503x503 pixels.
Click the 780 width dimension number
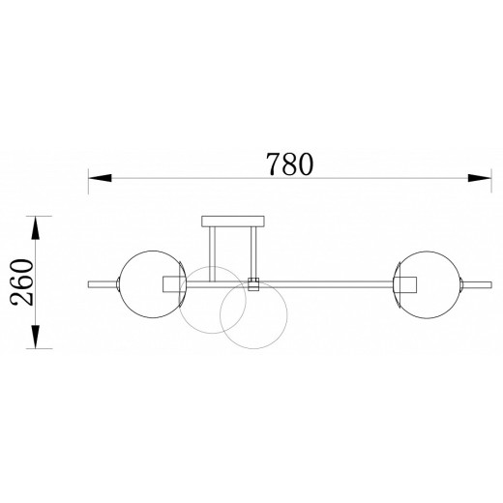tap(289, 164)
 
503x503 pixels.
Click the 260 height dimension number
tap(22, 282)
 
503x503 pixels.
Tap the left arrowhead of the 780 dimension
tap(100, 178)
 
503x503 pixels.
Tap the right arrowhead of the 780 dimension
tap(480, 178)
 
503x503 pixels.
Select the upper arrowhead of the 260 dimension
tap(36, 227)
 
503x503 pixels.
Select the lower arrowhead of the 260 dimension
tap(36, 337)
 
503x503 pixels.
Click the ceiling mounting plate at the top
tap(233, 222)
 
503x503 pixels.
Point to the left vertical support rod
tap(212, 254)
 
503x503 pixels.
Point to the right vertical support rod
tap(253, 252)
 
